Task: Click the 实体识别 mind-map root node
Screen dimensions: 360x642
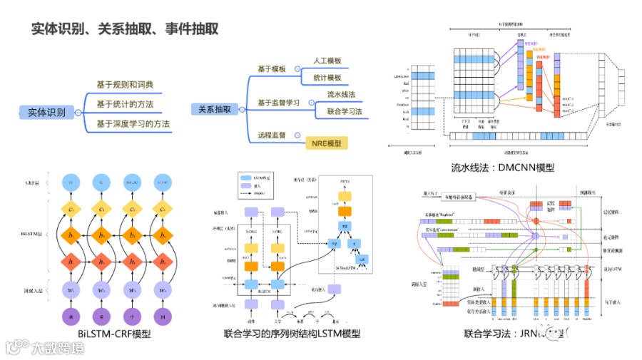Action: [47, 112]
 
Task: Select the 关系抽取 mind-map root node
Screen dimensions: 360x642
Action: [215, 109]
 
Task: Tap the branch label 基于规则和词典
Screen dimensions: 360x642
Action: [125, 85]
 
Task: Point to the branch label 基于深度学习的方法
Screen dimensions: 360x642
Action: [133, 124]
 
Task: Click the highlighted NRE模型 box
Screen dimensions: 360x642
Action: [326, 143]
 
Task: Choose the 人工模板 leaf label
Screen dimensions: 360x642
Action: [327, 61]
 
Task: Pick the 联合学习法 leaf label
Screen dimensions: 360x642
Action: [345, 111]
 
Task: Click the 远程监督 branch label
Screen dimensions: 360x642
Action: [271, 135]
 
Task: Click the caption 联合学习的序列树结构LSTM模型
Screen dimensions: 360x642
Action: [292, 333]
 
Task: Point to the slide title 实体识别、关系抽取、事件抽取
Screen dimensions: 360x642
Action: [125, 29]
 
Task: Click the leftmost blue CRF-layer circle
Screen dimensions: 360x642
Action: [71, 183]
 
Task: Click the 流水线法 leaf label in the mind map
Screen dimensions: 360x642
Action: [341, 94]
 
